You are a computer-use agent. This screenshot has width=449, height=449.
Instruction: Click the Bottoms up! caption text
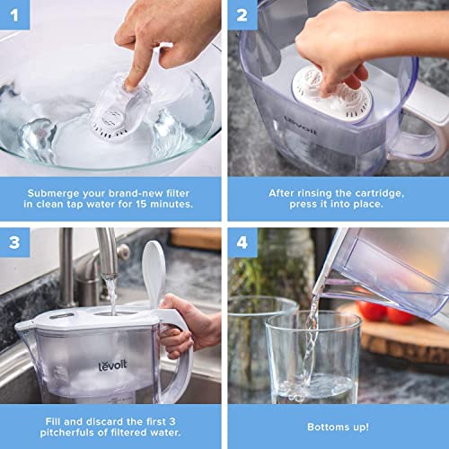pos(337,419)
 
